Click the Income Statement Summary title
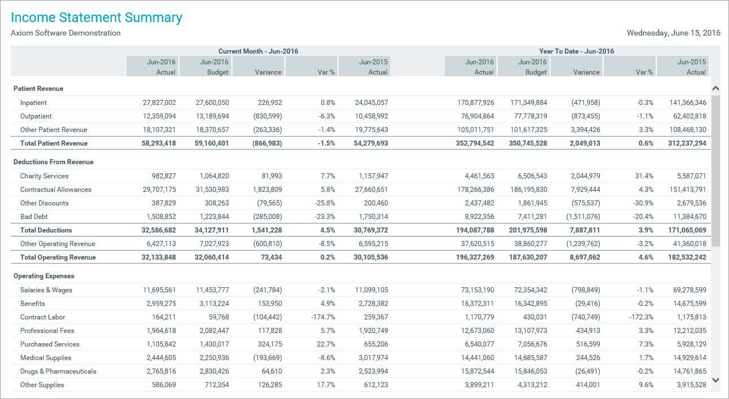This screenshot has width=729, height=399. click(96, 17)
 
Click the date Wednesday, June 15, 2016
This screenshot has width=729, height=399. click(673, 33)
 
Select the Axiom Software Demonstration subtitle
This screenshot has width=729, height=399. click(65, 33)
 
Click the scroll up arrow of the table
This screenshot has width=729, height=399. click(715, 89)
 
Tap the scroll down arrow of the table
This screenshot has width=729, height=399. click(715, 380)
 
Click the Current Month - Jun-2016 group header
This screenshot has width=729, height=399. click(258, 51)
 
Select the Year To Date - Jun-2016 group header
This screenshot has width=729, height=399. click(576, 51)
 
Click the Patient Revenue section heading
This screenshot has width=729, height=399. click(38, 89)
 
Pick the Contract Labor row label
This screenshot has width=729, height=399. click(43, 317)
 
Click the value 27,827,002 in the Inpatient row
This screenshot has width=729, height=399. click(159, 103)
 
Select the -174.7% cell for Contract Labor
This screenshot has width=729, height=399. click(323, 317)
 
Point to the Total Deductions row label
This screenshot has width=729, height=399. click(46, 230)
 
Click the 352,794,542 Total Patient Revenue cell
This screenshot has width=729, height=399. click(469, 143)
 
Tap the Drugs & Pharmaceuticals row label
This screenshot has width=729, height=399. click(58, 371)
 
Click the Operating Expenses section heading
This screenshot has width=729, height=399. click(44, 276)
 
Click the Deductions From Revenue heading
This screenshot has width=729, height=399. click(53, 162)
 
